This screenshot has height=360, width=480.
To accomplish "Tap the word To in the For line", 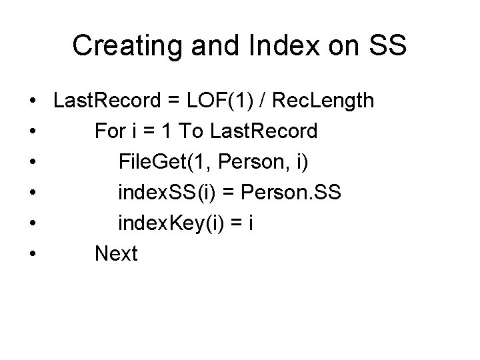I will click(192, 131).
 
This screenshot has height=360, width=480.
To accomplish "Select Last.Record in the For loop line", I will click(263, 131).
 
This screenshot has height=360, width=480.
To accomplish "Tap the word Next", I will click(116, 253).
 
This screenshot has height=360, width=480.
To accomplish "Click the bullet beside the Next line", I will click(32, 254).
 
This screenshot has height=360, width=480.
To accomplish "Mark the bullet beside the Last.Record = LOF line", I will click(32, 102).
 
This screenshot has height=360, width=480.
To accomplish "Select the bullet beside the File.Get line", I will click(32, 163).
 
